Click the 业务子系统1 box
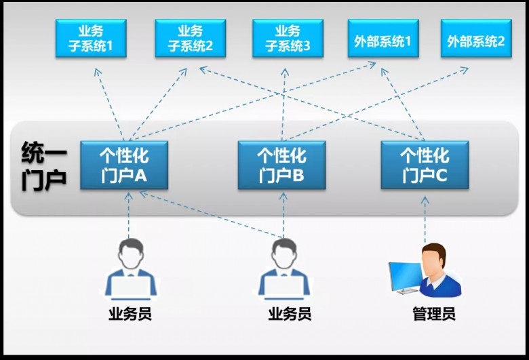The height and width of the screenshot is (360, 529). pyautogui.click(x=91, y=38)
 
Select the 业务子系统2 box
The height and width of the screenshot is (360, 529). pyautogui.click(x=190, y=38)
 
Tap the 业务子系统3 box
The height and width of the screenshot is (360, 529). pyautogui.click(x=288, y=38)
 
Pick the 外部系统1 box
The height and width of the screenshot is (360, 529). pyautogui.click(x=383, y=39)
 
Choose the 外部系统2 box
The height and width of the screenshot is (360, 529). pyautogui.click(x=475, y=39)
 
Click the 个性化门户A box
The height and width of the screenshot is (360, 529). pyautogui.click(x=124, y=165)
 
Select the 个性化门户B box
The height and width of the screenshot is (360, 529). pyautogui.click(x=281, y=165)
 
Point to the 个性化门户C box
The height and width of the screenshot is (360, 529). pyautogui.click(x=425, y=165)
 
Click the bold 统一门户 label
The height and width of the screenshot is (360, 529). pyautogui.click(x=43, y=165)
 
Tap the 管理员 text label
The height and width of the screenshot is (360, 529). pyautogui.click(x=433, y=315)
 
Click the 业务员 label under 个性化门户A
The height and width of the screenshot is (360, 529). pyautogui.click(x=130, y=315)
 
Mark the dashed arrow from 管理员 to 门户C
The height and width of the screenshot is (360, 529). pyautogui.click(x=426, y=217)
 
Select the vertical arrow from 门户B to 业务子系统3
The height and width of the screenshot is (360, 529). pyautogui.click(x=283, y=102)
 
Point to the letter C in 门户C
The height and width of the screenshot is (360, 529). pyautogui.click(x=440, y=176)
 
